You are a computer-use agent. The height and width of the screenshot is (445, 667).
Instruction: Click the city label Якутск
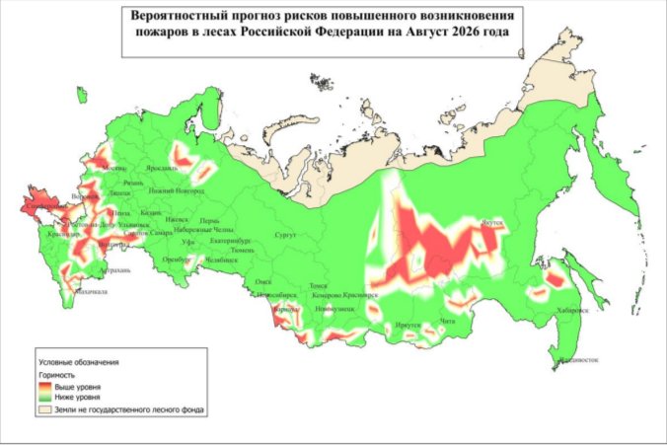(x=492, y=223)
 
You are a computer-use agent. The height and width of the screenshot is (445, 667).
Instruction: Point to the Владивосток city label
(x=578, y=359)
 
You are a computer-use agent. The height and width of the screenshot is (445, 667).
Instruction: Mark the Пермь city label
(x=208, y=220)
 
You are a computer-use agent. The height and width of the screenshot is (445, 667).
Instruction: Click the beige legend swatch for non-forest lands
(x=45, y=406)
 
